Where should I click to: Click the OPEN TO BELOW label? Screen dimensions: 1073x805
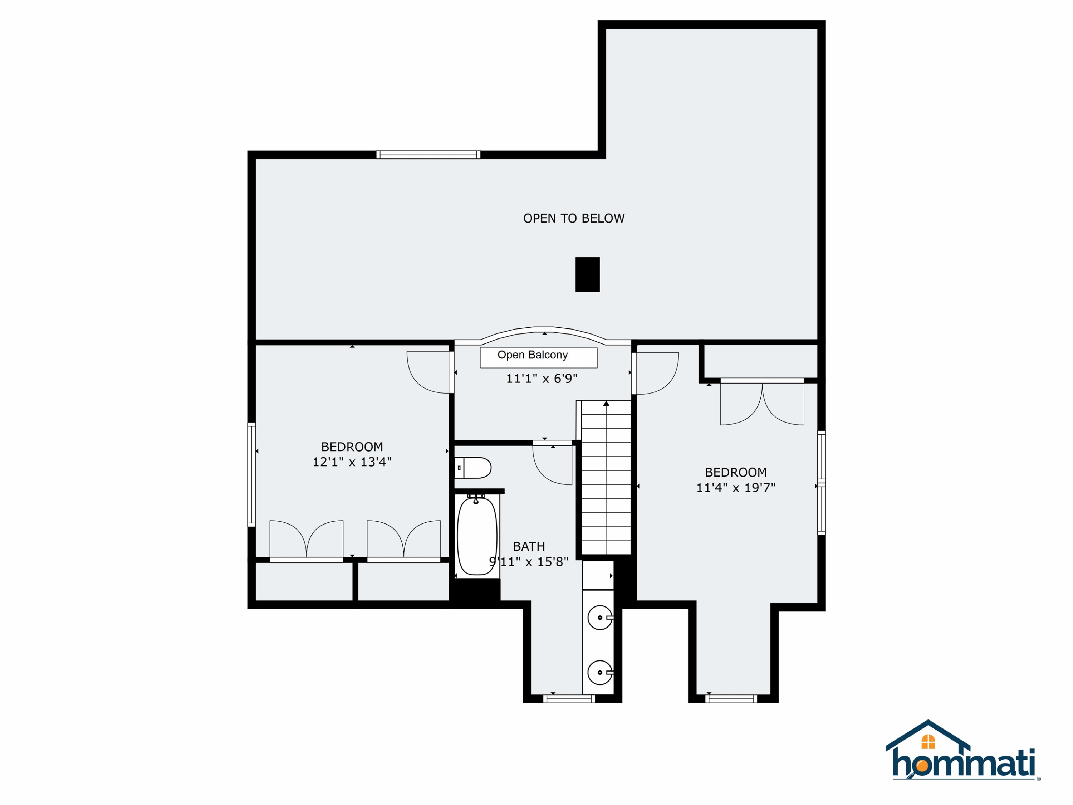(x=574, y=218)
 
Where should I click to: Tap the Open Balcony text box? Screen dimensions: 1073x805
(x=538, y=358)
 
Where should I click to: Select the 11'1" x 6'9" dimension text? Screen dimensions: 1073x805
(x=542, y=379)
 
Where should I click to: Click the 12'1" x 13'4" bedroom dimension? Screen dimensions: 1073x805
(x=352, y=462)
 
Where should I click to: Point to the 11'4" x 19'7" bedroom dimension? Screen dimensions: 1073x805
(x=736, y=488)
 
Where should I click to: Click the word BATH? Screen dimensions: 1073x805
(x=529, y=546)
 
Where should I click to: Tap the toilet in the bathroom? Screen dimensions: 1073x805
(x=473, y=468)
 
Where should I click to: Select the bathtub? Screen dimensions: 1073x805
(x=477, y=536)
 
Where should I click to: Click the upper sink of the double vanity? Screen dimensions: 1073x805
(x=600, y=618)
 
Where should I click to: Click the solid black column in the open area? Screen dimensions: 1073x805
(x=587, y=275)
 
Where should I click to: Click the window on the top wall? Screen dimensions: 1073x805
(x=428, y=155)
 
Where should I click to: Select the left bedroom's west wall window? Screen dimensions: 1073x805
(x=251, y=474)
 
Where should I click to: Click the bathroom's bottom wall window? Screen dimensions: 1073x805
(x=569, y=699)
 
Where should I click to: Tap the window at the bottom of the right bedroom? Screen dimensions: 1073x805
(x=731, y=699)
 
